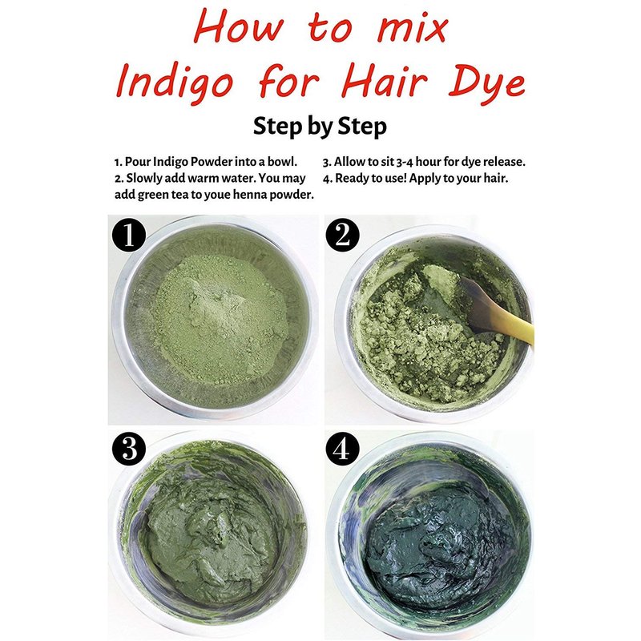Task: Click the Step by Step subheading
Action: point(320,126)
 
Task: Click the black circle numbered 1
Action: point(129,236)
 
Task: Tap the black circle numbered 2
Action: point(343,236)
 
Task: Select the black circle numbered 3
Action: point(129,449)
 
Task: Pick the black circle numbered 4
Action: point(343,449)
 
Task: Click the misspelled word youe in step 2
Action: point(217,195)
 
